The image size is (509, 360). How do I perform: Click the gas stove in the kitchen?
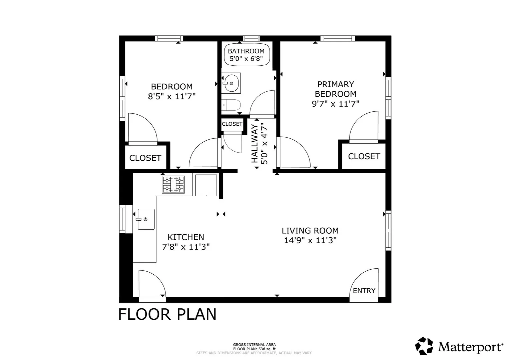coord(173,185)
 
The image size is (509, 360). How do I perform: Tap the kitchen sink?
coord(146,219)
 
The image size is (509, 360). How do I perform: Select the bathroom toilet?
coord(231,105)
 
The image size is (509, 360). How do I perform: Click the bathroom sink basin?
coord(231,83)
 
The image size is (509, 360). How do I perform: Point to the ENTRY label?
coord(364,290)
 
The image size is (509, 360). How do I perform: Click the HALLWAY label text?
coord(255,144)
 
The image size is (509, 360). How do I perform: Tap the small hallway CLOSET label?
coord(232,124)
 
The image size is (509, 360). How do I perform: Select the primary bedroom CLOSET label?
coord(364,156)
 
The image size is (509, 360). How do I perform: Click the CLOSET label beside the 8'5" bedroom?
coord(145,158)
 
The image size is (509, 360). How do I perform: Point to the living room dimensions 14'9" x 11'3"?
coord(310,240)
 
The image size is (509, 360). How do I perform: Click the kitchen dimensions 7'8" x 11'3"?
coord(186,247)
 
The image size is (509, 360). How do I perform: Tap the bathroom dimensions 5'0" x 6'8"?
coord(246,59)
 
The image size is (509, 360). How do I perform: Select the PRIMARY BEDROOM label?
coord(336,89)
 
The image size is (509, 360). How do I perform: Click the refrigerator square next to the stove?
coord(206,185)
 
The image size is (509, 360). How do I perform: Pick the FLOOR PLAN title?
coord(167,314)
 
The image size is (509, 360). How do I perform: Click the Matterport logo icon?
coord(424,346)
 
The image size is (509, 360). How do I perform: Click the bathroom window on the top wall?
coord(251,38)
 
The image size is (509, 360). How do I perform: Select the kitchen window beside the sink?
coord(122,219)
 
